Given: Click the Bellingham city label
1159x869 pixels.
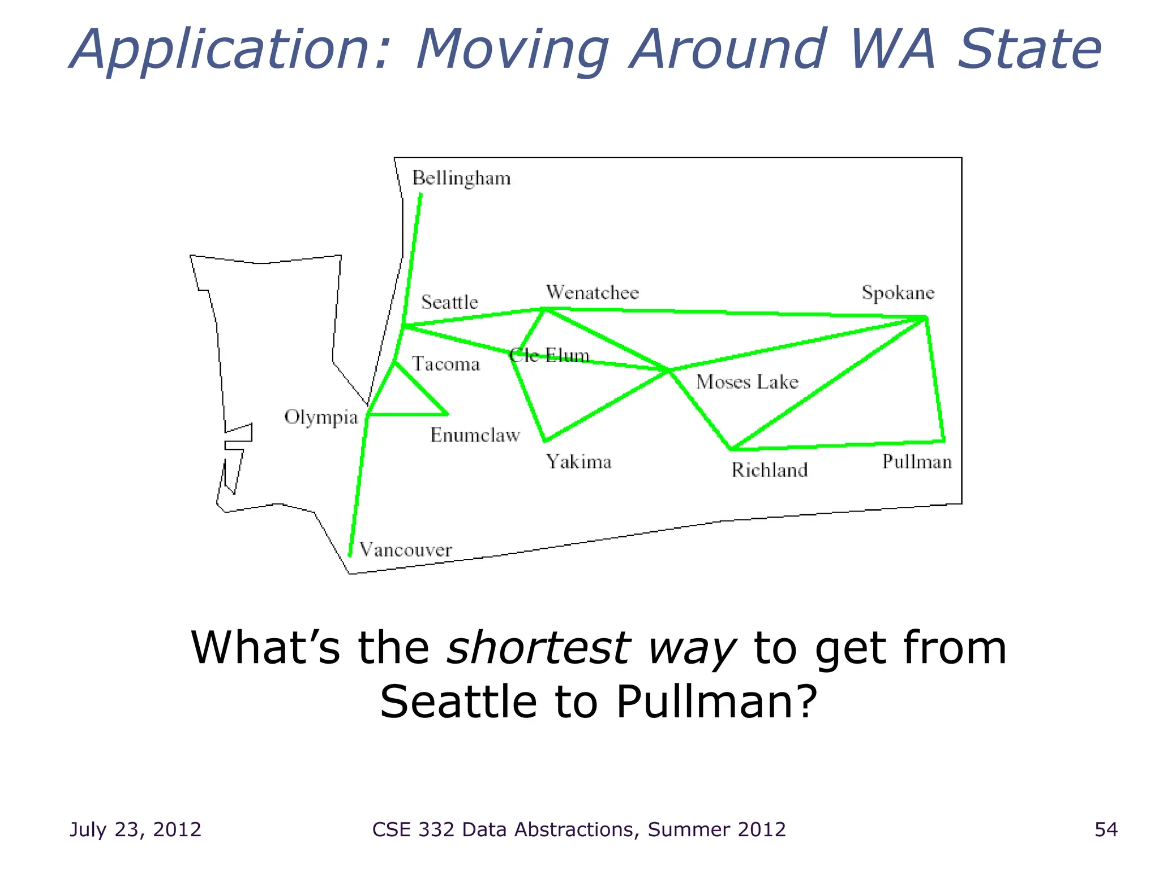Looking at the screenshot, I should (461, 178).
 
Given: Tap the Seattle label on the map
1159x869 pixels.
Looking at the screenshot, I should (449, 302).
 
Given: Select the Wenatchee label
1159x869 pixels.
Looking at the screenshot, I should (592, 292).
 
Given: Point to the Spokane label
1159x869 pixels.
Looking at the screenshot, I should (898, 293).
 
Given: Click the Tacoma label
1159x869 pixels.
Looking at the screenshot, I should (445, 364).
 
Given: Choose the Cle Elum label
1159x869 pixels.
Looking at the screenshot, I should (549, 355).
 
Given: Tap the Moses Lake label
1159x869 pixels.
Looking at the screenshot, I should (746, 382).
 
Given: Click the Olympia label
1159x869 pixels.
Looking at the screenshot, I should (321, 418).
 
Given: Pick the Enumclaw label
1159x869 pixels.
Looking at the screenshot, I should (475, 435).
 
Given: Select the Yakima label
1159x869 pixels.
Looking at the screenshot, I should (578, 462).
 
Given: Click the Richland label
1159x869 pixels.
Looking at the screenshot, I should (769, 470).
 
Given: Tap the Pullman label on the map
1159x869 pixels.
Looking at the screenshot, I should (917, 462).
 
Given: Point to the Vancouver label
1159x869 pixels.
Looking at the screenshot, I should (405, 550).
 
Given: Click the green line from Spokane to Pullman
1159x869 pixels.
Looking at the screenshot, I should (935, 379).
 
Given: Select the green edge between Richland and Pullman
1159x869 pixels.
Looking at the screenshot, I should (838, 445).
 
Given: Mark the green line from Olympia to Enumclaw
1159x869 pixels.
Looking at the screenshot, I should (407, 415).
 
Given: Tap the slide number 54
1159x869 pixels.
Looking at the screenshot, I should (1106, 829).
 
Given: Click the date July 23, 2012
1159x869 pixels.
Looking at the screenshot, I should (135, 829).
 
